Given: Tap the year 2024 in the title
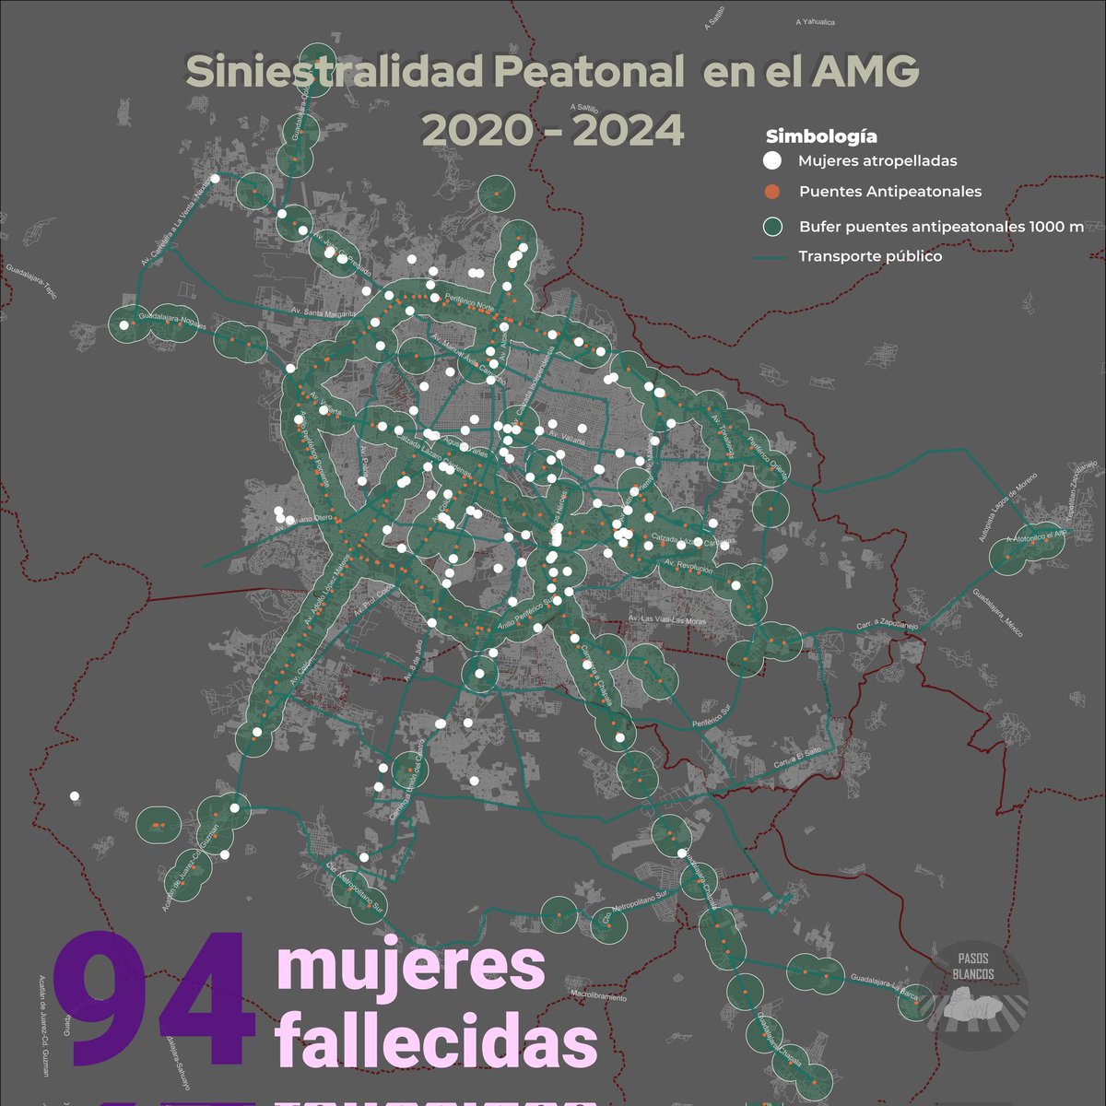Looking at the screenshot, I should tap(628, 130).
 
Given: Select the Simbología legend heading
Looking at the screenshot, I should tap(821, 137).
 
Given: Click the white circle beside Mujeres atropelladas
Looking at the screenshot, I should tap(772, 161).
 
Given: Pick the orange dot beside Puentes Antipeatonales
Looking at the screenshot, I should tap(772, 192).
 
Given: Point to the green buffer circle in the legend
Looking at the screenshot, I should tap(772, 227).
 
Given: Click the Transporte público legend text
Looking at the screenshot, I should tap(870, 256).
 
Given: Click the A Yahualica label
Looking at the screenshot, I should tap(816, 20).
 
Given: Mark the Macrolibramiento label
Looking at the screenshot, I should tap(598, 996).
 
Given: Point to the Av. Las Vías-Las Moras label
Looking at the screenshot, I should tap(667, 620).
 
